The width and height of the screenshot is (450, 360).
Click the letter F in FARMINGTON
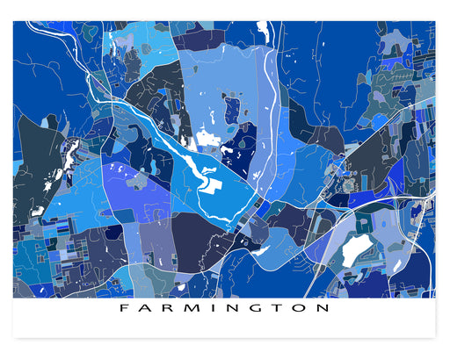[122, 309]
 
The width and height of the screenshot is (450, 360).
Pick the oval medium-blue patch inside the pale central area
[232, 111]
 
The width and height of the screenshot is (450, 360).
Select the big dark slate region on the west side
[35, 167]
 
